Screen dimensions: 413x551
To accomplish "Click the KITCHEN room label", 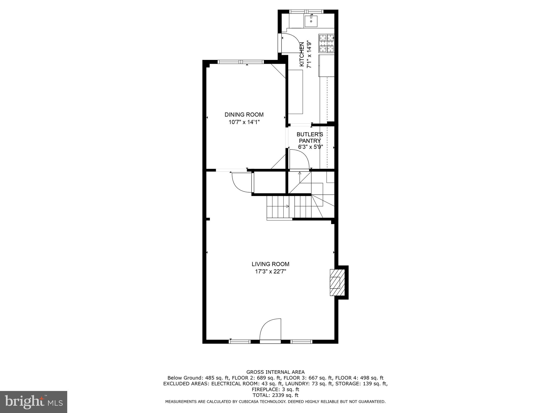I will tap(302, 55).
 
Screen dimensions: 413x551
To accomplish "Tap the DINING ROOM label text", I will tap(244, 115).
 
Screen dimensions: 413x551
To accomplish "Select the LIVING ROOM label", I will tap(270, 264).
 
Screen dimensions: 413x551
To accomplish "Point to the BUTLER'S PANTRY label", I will tap(310, 137).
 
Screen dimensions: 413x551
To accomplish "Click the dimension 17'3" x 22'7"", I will tap(270, 272).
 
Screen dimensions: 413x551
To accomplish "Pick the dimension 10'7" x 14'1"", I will tap(244, 122).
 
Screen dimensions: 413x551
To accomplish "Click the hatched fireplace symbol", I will tap(337, 283).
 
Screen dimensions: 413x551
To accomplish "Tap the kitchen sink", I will tap(311, 22).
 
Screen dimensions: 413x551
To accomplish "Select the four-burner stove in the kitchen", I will tap(326, 43).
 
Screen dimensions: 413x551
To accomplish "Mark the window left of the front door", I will tap(239, 341).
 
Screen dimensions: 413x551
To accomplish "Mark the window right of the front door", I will tap(301, 341).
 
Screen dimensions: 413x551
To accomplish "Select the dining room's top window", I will tap(241, 62).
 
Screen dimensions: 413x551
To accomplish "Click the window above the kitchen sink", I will tap(306, 12).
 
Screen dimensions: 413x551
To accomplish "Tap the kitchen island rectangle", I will tap(295, 92).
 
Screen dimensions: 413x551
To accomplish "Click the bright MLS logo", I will tap(33, 402).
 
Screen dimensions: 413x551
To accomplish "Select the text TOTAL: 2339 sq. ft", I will tap(275, 395).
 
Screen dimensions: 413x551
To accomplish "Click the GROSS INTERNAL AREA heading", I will tap(275, 372).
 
